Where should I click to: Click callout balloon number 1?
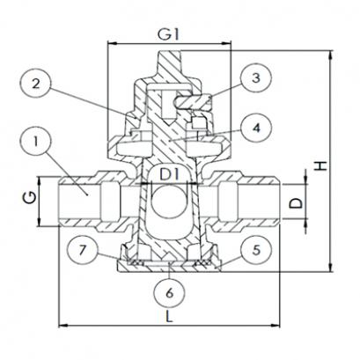36,143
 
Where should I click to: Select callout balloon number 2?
36,84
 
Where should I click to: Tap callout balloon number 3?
256,77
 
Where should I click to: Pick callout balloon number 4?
256,128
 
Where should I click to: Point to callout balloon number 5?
256,250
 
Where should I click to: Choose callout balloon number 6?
169,292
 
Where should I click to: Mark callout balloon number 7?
82,250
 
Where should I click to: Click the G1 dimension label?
168,34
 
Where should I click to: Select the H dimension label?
322,166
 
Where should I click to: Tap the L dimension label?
169,317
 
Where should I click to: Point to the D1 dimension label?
169,175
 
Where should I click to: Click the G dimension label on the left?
30,198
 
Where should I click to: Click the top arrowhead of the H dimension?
331,55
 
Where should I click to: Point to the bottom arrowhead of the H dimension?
331,267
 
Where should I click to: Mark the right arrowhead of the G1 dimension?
227,43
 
